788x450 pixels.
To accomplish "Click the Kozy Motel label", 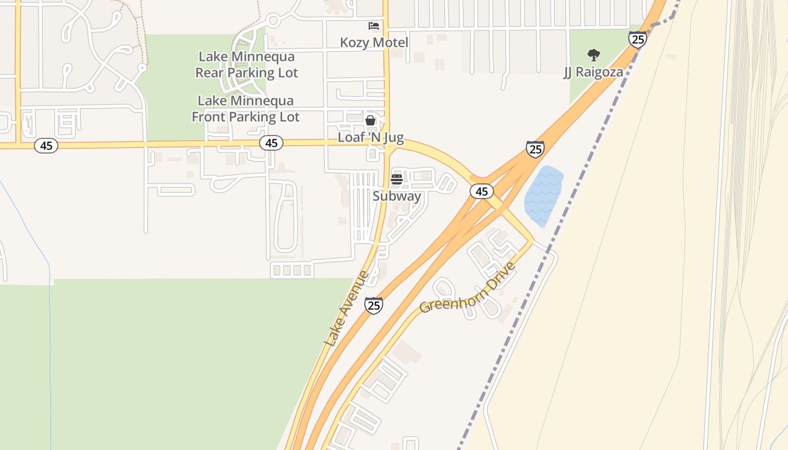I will click(374, 43).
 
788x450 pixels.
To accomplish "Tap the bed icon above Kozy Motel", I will click(373, 26).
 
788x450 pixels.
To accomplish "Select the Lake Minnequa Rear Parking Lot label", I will click(247, 65).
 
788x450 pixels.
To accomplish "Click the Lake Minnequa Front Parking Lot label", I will click(245, 109).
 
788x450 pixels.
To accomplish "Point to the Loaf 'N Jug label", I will click(370, 137).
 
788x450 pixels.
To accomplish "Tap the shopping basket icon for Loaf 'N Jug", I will click(370, 120).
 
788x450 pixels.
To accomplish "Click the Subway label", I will click(397, 196).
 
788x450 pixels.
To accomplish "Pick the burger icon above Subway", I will click(397, 179).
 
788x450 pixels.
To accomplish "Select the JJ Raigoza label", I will click(593, 73).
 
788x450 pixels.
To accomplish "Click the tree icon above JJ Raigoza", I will click(593, 55).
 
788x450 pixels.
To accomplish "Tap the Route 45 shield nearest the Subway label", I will click(481, 191).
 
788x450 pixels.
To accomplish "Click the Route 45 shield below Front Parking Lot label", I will click(271, 143).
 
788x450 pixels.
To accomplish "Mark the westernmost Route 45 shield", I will click(46, 146).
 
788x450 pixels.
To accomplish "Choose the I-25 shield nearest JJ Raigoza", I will click(637, 39).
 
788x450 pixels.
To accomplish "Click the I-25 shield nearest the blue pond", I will click(535, 149).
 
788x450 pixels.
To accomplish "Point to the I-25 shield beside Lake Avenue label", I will click(374, 305).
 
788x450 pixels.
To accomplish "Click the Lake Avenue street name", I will click(346, 309).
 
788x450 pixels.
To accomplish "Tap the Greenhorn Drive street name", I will click(467, 288).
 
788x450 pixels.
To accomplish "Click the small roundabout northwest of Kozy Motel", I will click(274, 21).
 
